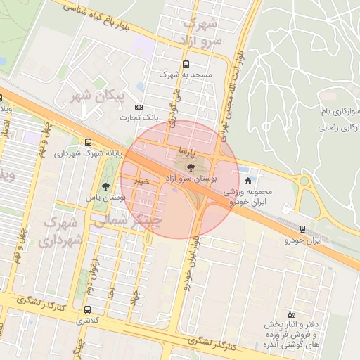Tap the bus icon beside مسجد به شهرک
186,72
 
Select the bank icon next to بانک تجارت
139,107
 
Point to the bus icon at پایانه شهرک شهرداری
86,141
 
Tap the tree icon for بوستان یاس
105,186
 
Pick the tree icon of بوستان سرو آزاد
191,166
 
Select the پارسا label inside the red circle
188,151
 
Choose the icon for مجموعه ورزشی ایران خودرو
247,181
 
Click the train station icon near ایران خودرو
302,229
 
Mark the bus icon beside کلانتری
87,309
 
